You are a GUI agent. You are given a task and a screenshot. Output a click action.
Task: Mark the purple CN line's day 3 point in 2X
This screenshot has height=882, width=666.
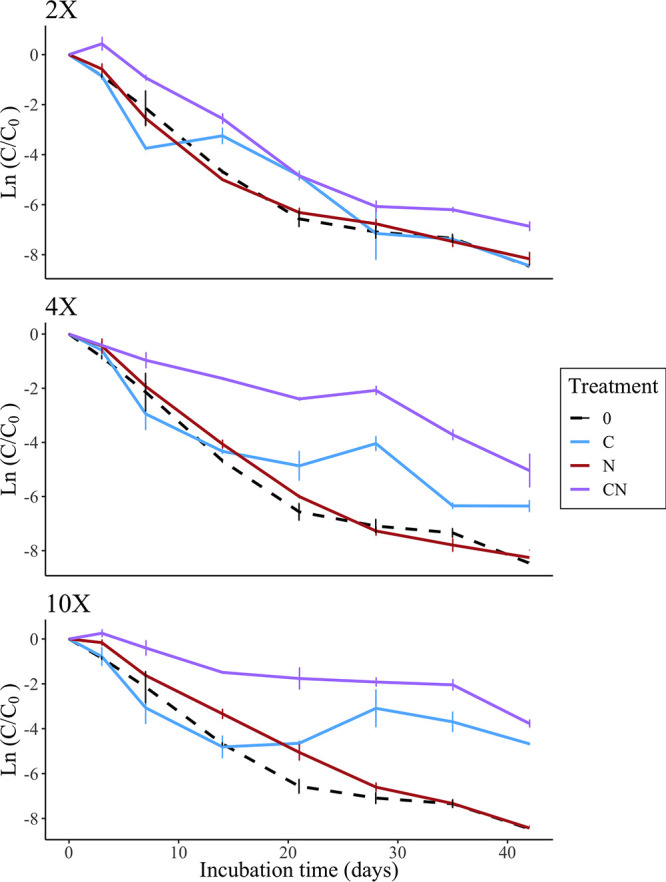(102, 44)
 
